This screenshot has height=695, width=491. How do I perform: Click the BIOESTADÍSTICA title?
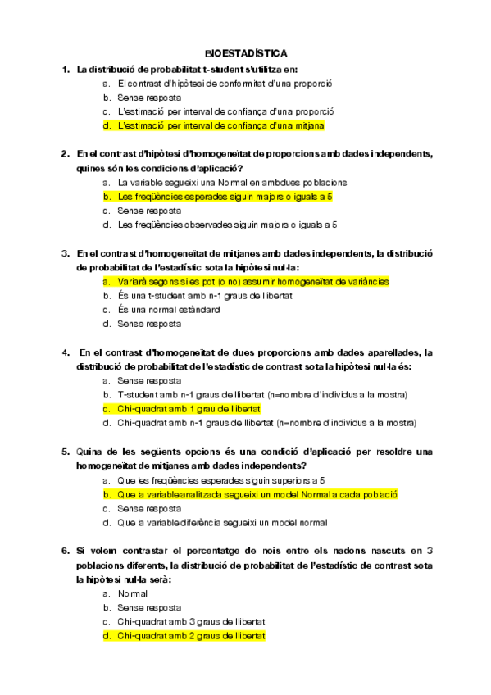click(246, 51)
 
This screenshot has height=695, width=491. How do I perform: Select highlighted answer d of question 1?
click(221, 125)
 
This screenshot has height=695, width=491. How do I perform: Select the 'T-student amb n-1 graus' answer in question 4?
click(262, 394)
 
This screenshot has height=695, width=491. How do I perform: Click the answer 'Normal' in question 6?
click(132, 593)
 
